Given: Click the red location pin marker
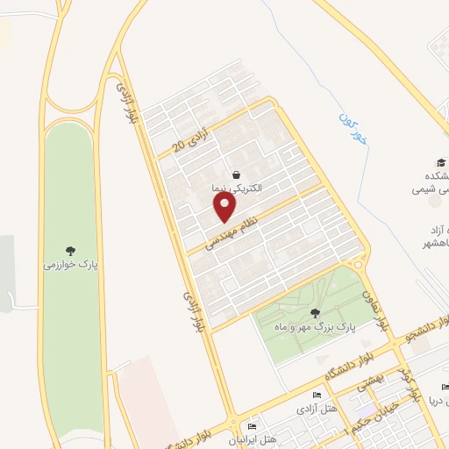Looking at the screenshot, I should [225, 208].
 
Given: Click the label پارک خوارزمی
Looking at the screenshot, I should [70, 263].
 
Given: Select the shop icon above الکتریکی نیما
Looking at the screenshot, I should [237, 175].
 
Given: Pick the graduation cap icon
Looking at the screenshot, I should [440, 163].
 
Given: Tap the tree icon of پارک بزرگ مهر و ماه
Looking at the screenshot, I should [314, 312].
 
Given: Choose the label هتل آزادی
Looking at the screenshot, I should [311, 410].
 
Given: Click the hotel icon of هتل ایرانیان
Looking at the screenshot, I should [253, 426].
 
